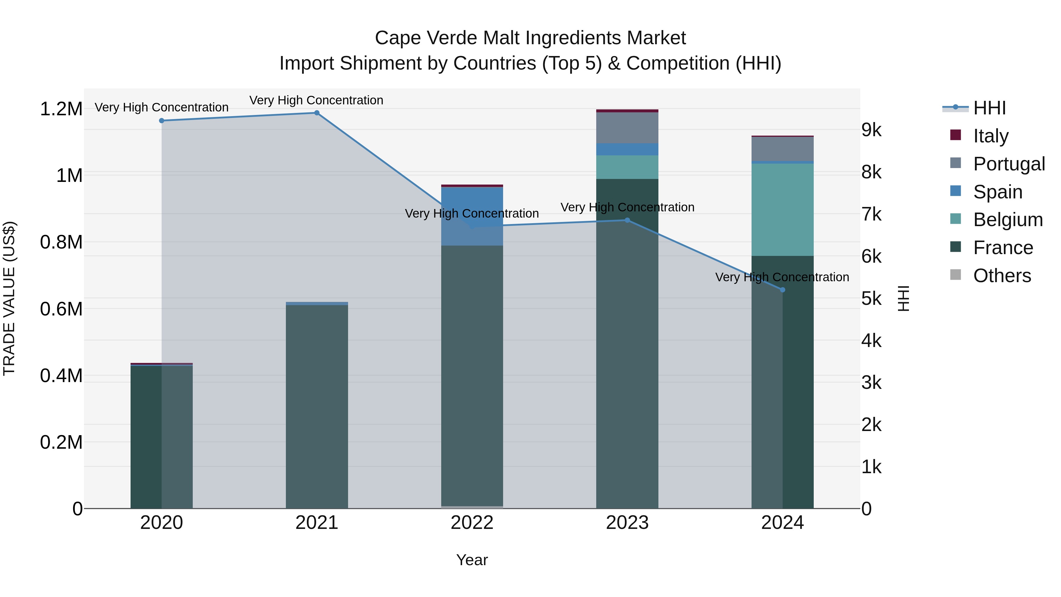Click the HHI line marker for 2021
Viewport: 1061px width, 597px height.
(317, 113)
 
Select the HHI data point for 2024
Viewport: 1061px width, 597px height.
(782, 290)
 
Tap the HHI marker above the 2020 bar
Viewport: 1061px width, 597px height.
(162, 121)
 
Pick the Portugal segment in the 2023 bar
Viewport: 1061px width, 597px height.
(627, 128)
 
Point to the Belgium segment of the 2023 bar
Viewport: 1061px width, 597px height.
(627, 167)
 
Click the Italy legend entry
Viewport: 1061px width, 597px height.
(991, 136)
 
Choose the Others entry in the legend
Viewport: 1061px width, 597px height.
(1002, 276)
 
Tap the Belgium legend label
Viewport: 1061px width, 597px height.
(1008, 220)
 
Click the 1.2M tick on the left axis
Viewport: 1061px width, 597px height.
(61, 109)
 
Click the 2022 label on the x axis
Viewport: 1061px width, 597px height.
(472, 523)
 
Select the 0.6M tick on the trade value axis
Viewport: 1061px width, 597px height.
(61, 309)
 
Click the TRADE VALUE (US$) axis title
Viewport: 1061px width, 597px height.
(9, 298)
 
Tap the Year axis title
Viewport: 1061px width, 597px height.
(472, 560)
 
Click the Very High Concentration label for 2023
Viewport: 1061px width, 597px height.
(627, 207)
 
